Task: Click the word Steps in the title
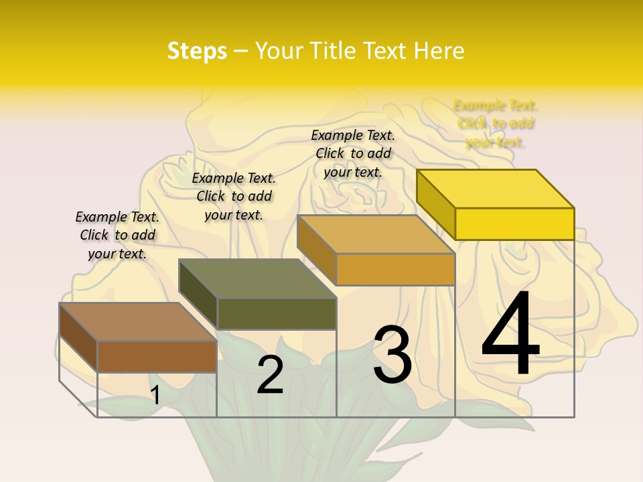pyautogui.click(x=197, y=51)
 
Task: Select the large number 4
pyautogui.click(x=510, y=334)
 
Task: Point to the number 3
pyautogui.click(x=392, y=355)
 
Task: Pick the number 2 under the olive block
pyautogui.click(x=270, y=374)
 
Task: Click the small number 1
pyautogui.click(x=155, y=395)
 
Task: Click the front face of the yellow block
pyautogui.click(x=514, y=224)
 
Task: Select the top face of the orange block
pyautogui.click(x=376, y=234)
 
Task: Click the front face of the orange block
pyautogui.click(x=395, y=269)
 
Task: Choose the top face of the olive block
pyautogui.click(x=257, y=278)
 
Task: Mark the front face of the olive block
pyautogui.click(x=277, y=313)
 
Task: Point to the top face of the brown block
pyautogui.click(x=138, y=322)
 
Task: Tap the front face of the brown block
pyautogui.click(x=157, y=356)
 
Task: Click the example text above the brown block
pyautogui.click(x=117, y=235)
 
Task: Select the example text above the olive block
pyautogui.click(x=234, y=196)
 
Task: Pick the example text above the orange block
pyautogui.click(x=353, y=153)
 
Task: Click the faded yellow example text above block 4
pyautogui.click(x=496, y=124)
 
